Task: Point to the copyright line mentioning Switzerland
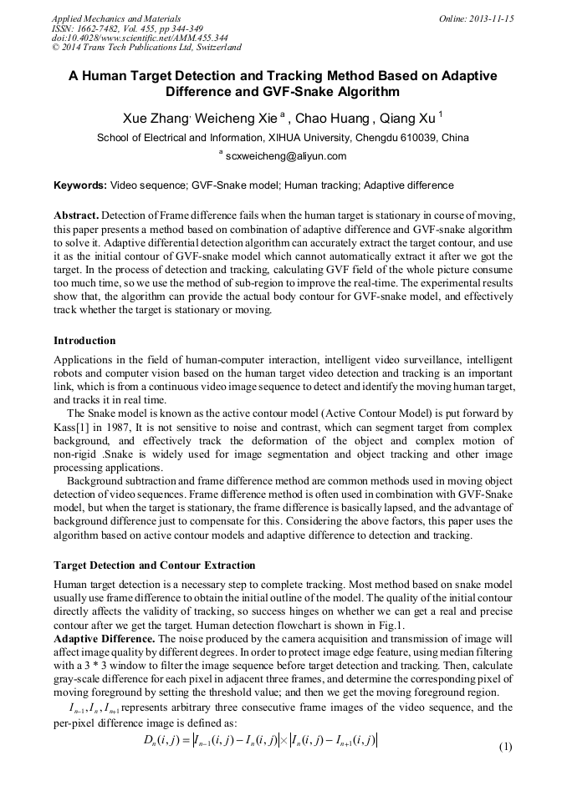(146, 48)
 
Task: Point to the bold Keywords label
(80, 185)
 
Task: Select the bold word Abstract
(77, 215)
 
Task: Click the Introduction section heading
(84, 341)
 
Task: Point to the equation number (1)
(504, 746)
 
